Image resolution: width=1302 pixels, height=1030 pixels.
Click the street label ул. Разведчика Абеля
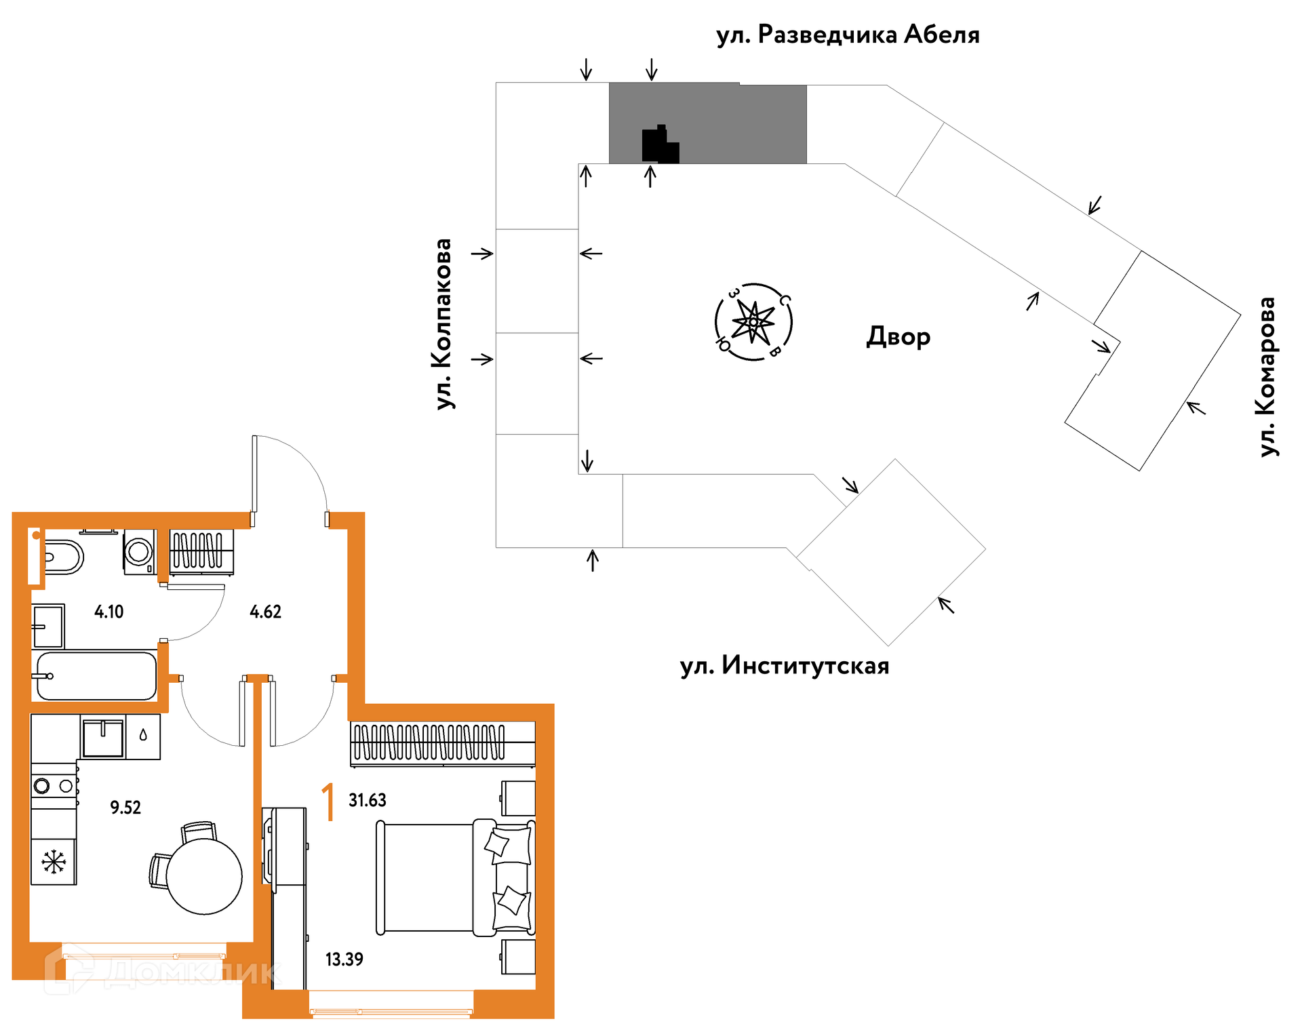[x=848, y=35]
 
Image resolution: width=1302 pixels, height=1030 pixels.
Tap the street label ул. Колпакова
[x=443, y=323]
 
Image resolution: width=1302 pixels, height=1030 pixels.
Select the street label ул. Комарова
[x=1267, y=377]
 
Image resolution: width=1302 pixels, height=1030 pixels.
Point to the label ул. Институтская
[x=785, y=666]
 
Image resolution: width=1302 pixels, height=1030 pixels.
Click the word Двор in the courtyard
[x=898, y=336]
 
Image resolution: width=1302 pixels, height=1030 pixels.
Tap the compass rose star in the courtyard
[x=753, y=322]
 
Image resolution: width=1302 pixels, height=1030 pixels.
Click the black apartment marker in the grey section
[x=659, y=145]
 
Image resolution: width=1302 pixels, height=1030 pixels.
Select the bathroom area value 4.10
[x=108, y=612]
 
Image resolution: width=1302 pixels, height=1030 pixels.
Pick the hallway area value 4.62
[x=265, y=612]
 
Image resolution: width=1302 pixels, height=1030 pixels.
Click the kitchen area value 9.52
[x=125, y=807]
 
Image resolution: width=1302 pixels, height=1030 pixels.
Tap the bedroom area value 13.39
[x=344, y=959]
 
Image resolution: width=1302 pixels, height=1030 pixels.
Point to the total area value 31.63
[x=367, y=800]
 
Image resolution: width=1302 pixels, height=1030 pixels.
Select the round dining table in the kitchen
[x=203, y=876]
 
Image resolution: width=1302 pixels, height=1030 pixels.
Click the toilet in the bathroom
[x=63, y=557]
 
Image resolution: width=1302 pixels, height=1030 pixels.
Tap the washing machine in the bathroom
[x=139, y=552]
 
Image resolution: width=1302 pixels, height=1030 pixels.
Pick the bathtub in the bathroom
[x=96, y=676]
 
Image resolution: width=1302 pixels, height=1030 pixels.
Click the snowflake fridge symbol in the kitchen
[x=54, y=862]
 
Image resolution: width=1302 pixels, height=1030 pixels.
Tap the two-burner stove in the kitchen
[x=54, y=786]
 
